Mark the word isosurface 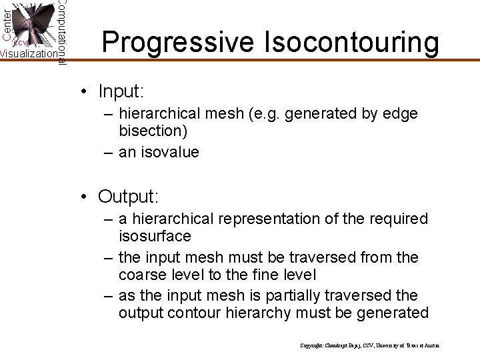point(155,235)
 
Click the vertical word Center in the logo point(6,23)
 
